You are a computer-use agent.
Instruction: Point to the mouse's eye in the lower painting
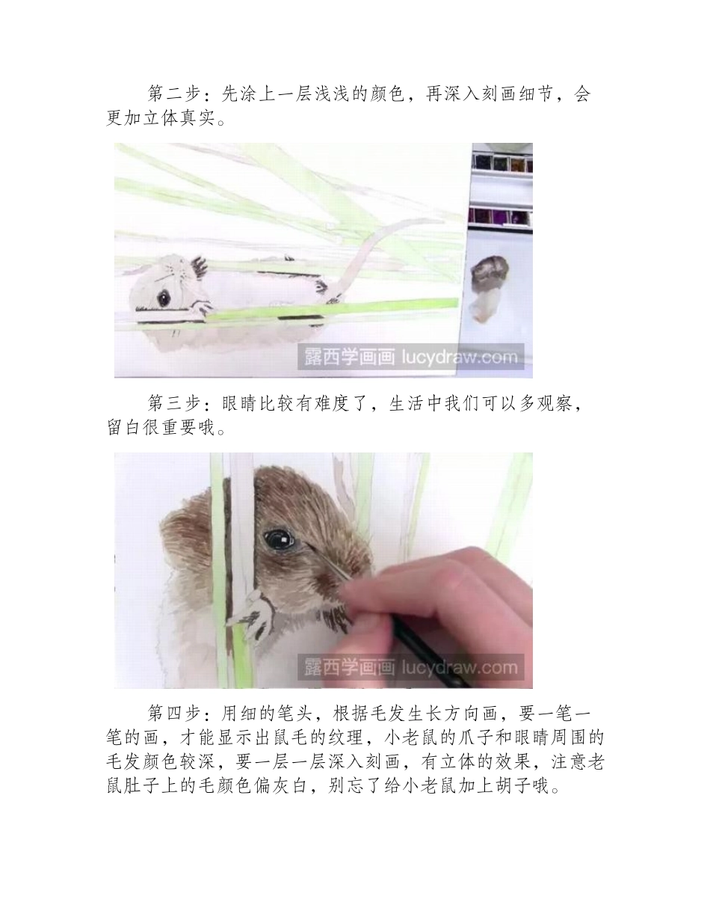pyautogui.click(x=278, y=538)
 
